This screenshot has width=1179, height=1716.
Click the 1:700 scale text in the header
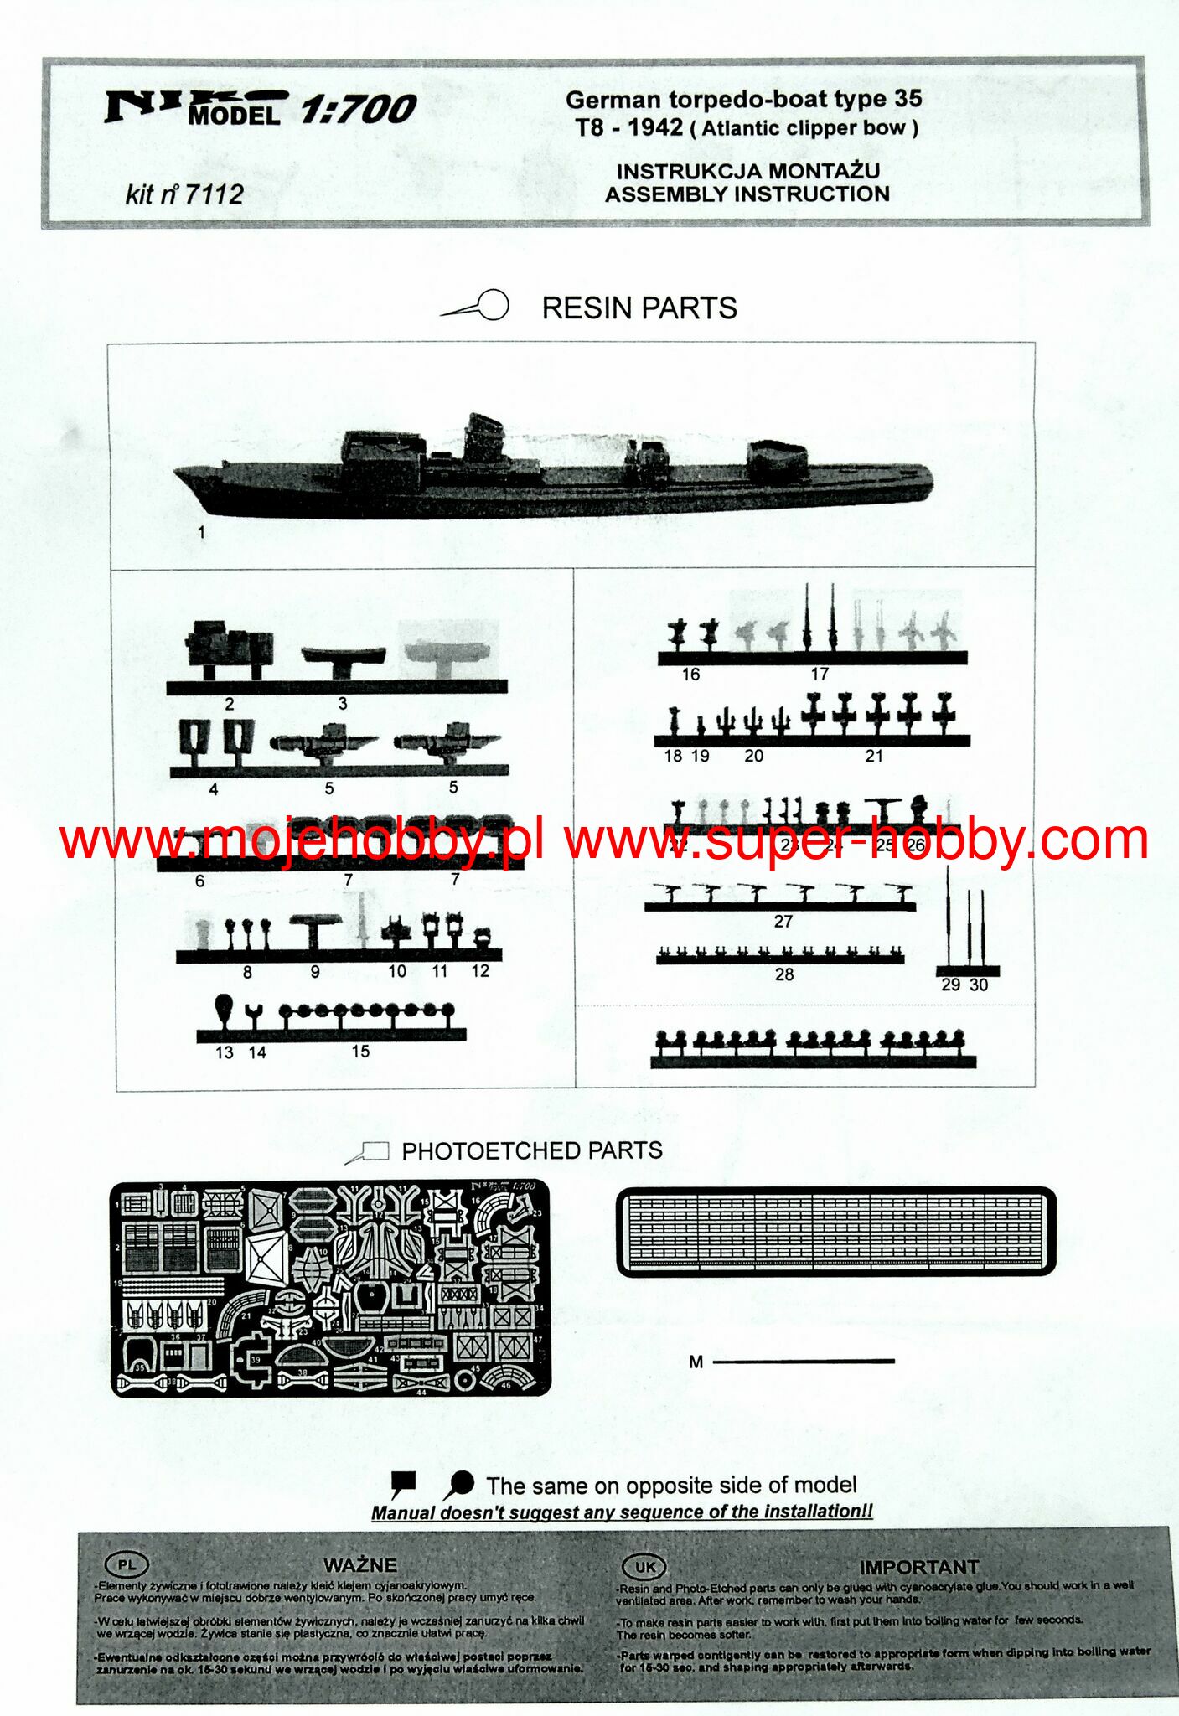358,110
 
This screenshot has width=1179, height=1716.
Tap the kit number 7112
213,194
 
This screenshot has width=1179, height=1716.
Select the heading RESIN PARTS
639,308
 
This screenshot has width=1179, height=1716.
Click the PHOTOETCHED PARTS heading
531,1150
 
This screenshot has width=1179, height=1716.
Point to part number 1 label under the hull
201,532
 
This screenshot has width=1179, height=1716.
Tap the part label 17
820,674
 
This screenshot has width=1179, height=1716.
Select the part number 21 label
874,756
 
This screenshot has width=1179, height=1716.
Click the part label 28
784,974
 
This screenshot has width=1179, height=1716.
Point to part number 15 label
360,1051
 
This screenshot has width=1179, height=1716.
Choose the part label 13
225,1052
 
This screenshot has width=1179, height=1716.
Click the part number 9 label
315,972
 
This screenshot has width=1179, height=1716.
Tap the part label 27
783,922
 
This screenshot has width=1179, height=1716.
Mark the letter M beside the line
696,1362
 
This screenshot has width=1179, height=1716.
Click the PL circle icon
127,1564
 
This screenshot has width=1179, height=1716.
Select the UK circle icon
644,1567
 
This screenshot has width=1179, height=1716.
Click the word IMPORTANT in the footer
918,1567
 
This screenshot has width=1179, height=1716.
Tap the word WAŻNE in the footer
360,1564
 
